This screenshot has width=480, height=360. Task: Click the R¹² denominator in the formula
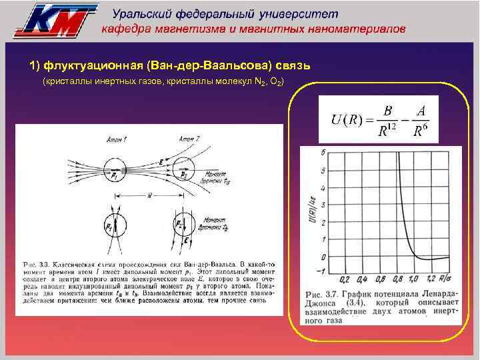coord(386,131)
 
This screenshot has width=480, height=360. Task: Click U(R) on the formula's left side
coord(347,120)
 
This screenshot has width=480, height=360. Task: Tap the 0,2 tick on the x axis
coord(345,279)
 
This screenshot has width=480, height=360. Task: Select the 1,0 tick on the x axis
coord(412,279)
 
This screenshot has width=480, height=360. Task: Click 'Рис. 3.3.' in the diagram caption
coord(36,255)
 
